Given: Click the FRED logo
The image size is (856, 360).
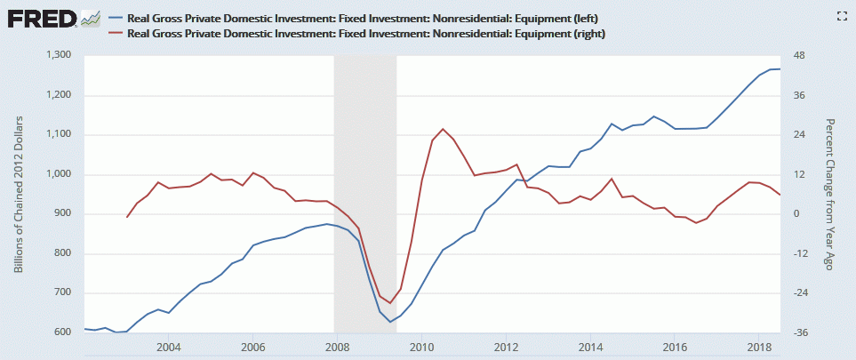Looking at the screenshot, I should [x=42, y=17].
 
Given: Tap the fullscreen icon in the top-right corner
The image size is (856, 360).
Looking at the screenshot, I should [x=840, y=16].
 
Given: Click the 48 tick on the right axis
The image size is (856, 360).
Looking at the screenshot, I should [x=799, y=55].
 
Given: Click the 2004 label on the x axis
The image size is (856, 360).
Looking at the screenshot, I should [x=169, y=346].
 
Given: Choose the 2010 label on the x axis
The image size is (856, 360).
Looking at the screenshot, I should [x=421, y=346].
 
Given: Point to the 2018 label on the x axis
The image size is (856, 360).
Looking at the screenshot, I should [x=758, y=346].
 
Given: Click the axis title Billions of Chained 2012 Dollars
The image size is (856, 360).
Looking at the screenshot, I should [x=19, y=194].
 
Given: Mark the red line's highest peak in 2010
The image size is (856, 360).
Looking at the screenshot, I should [x=443, y=129].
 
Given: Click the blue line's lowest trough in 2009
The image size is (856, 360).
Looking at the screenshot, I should [x=389, y=322].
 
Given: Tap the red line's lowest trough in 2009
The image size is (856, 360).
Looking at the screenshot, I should [x=390, y=303].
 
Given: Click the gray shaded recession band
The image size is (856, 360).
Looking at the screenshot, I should [x=364, y=178].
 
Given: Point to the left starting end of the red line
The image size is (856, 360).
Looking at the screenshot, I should [x=127, y=217].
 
